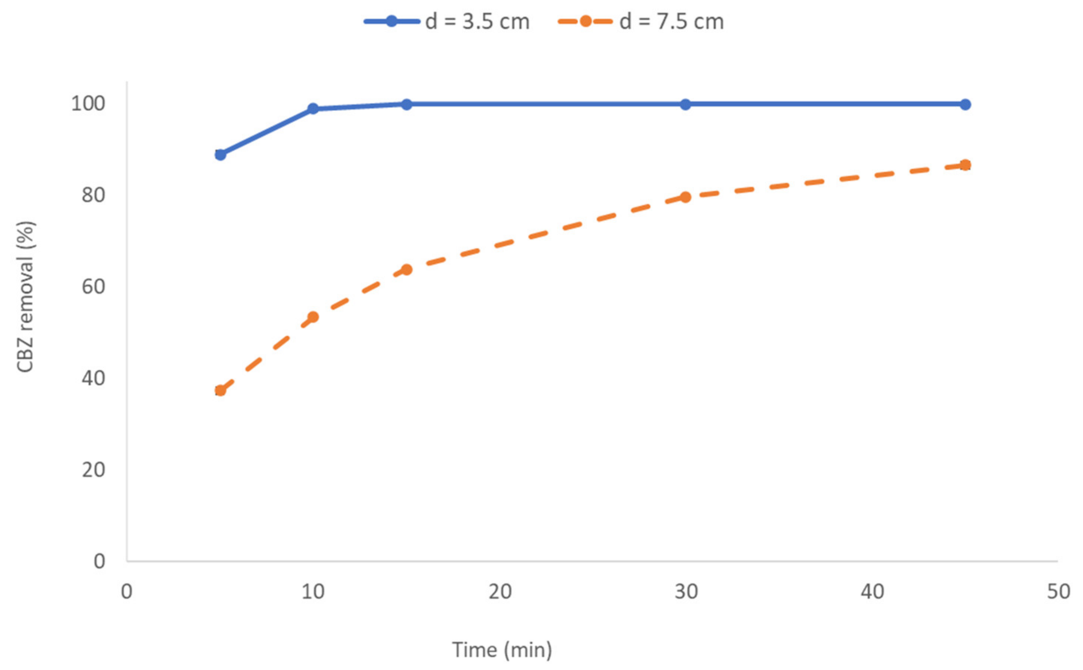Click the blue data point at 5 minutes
click(220, 155)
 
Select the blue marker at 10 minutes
click(313, 108)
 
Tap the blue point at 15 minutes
click(406, 104)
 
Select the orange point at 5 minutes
click(220, 390)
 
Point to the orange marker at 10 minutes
click(313, 317)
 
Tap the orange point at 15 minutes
click(406, 269)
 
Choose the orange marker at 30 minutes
click(686, 197)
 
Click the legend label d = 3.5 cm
click(477, 22)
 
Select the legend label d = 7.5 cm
click(671, 22)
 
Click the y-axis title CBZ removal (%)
click(25, 297)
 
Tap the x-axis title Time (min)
click(502, 650)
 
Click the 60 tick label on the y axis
click(94, 287)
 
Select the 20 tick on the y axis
click(94, 470)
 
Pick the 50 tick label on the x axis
click(1058, 592)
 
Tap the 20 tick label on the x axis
click(500, 592)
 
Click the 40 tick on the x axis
click(872, 592)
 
